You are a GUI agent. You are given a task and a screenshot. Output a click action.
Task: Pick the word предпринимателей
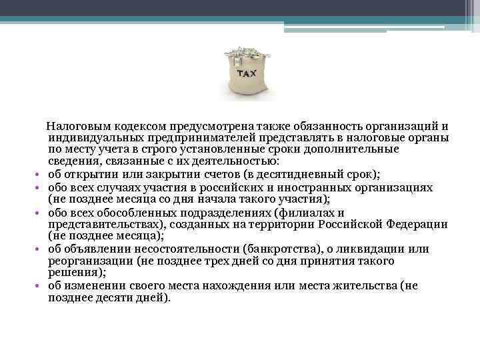[187, 138]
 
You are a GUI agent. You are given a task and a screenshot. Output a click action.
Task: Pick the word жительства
[369, 285]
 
